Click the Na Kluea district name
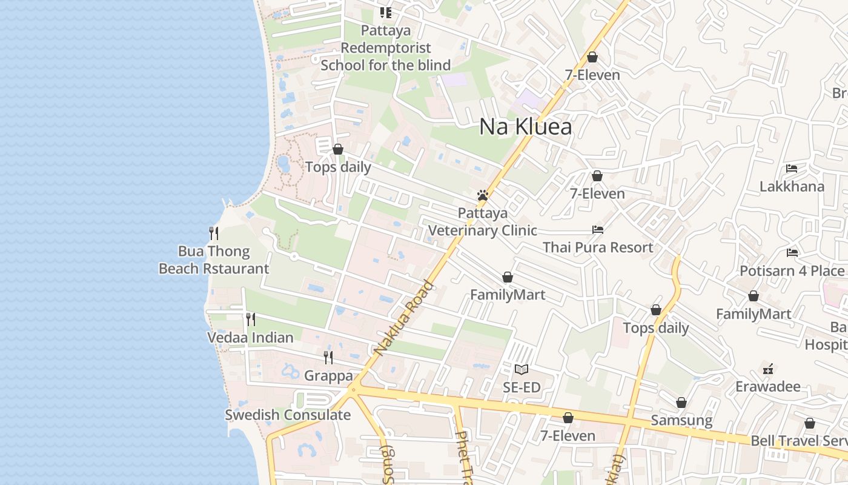coord(525,127)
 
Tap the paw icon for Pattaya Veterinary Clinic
coord(483,195)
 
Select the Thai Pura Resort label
coord(598,247)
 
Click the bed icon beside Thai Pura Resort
coord(598,230)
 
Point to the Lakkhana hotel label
coord(792,186)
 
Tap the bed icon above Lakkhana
coord(792,169)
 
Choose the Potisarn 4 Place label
coord(792,270)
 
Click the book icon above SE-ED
coord(522,369)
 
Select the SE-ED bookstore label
coord(522,387)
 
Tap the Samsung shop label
coord(681,420)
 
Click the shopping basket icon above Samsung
coord(681,403)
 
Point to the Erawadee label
coord(768,386)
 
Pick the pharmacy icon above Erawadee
coord(768,369)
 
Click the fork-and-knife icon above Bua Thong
coord(213,233)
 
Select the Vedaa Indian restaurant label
coord(250,337)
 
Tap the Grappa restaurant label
coord(328,375)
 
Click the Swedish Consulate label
coord(288,415)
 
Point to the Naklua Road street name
coord(404,318)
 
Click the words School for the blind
coord(385,65)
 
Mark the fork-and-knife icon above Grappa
coord(328,358)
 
